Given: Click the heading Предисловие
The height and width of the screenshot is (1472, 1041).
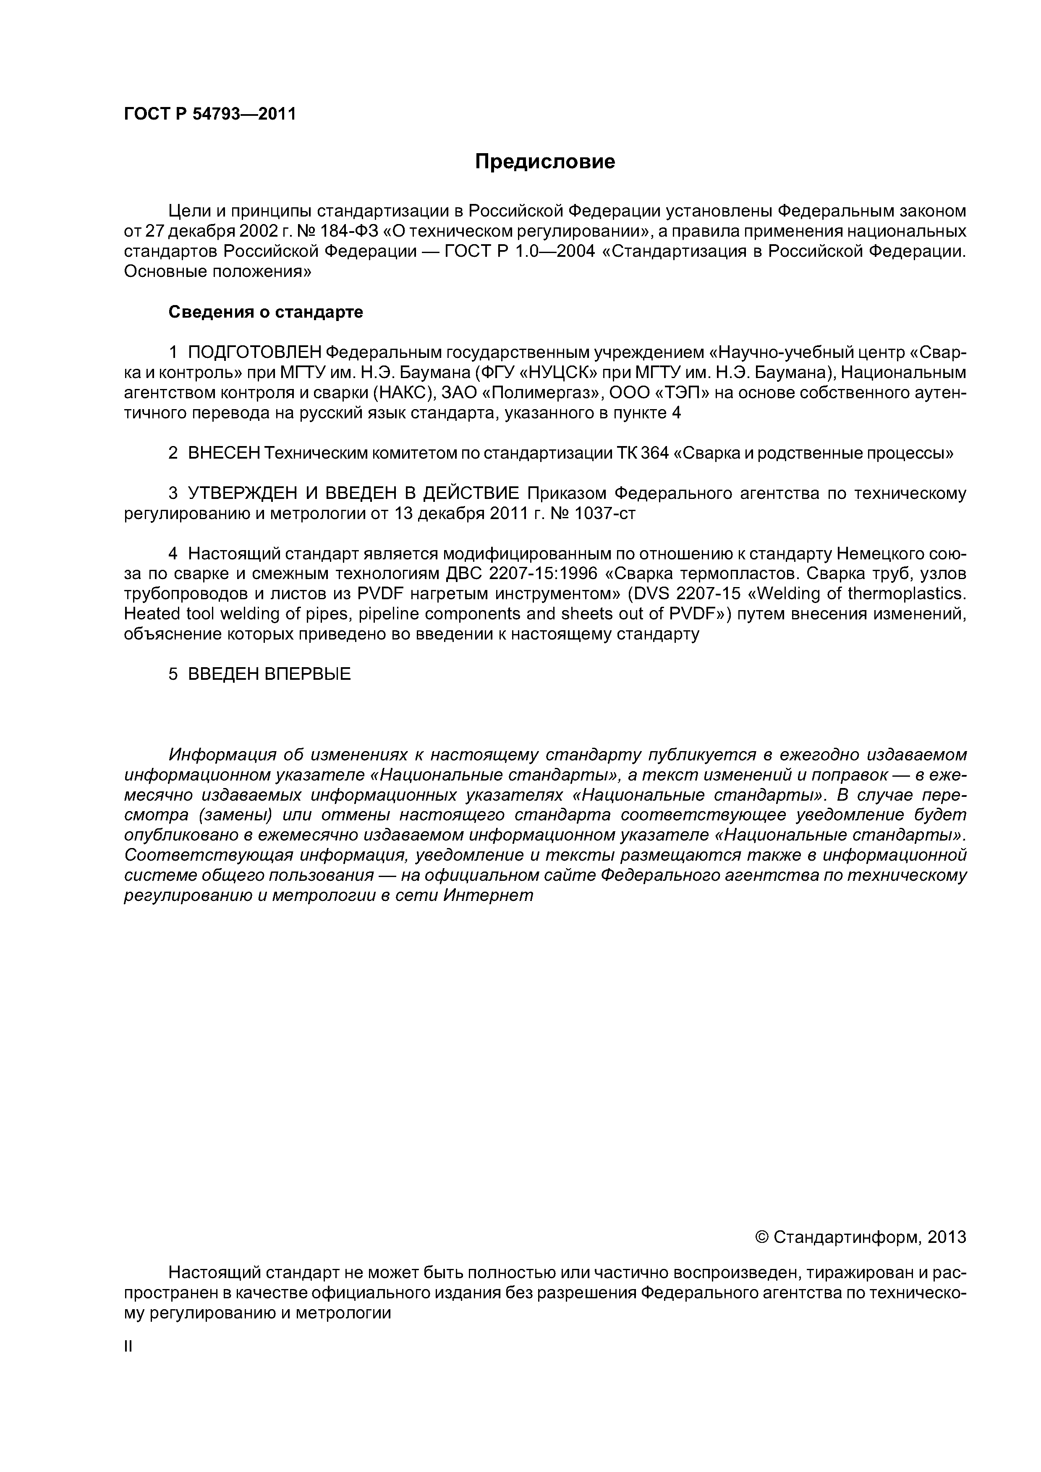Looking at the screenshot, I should [544, 162].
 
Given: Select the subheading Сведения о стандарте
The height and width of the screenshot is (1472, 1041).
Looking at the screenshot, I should [266, 312].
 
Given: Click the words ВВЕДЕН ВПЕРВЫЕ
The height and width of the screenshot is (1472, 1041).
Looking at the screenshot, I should [269, 674].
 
